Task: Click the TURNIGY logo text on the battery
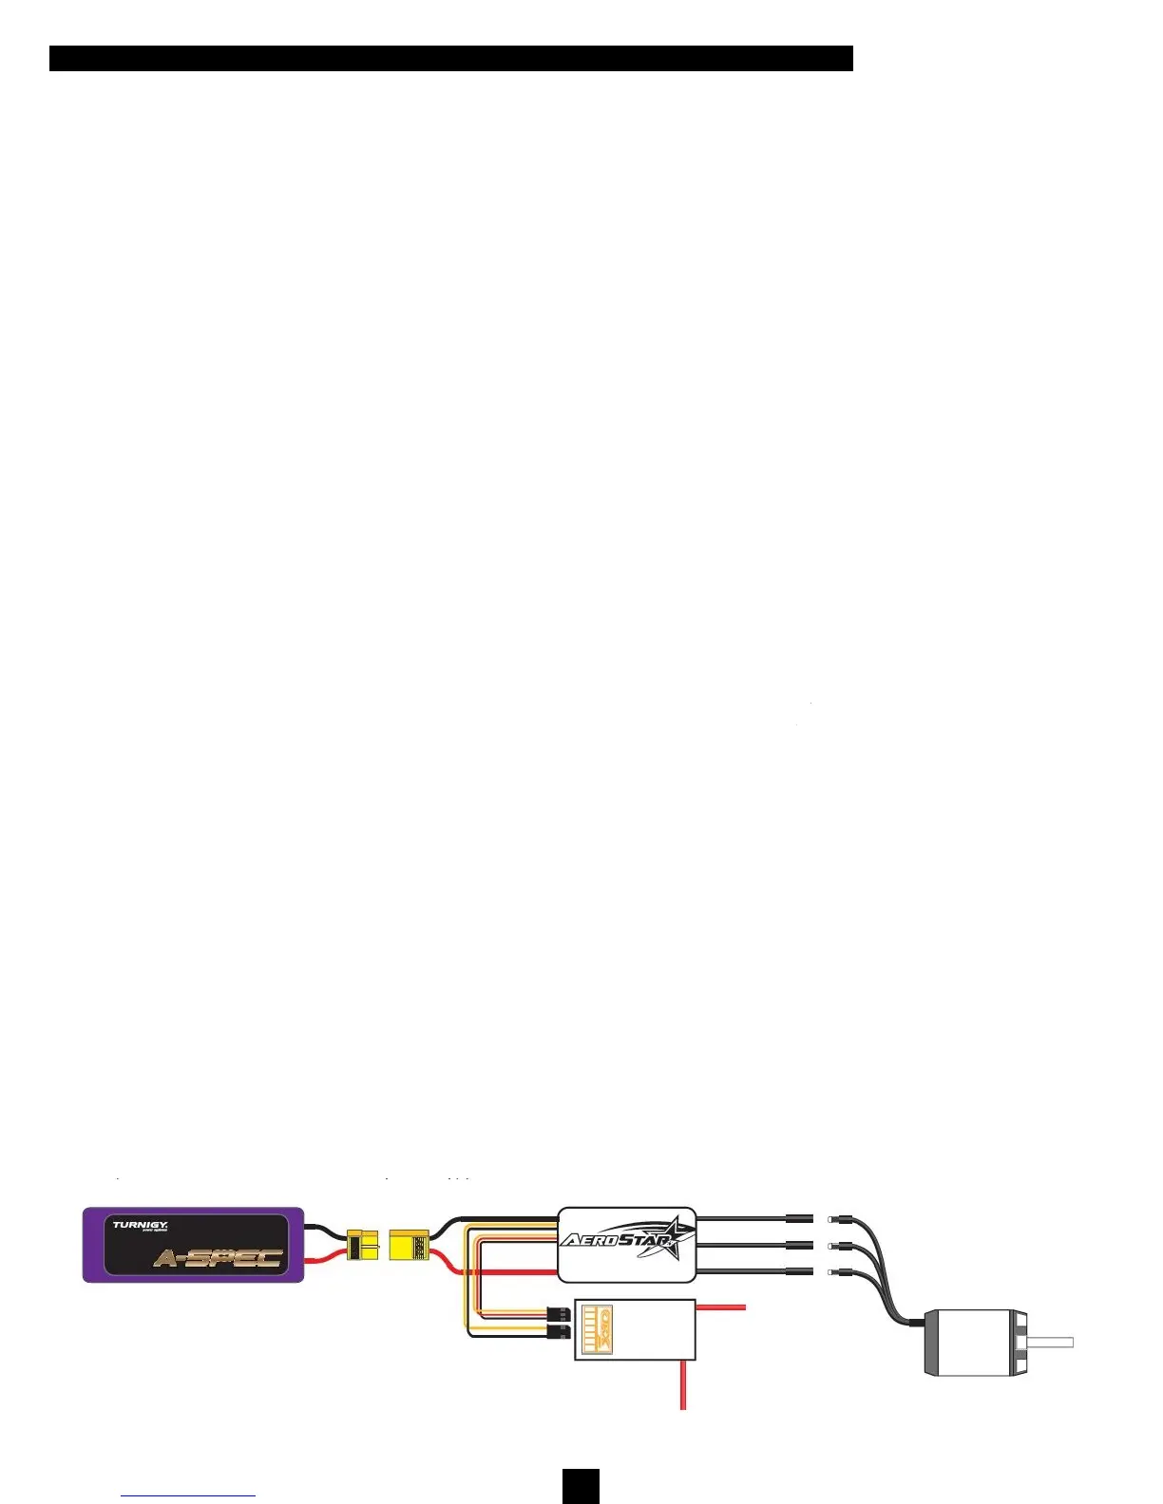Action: (140, 1225)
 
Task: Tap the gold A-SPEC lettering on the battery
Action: (219, 1259)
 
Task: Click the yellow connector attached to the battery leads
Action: (362, 1244)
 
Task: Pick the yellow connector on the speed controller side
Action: (409, 1245)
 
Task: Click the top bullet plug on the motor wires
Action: (835, 1219)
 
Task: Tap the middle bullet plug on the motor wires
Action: (835, 1245)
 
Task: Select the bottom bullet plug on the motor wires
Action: (835, 1270)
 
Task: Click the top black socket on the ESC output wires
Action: (799, 1217)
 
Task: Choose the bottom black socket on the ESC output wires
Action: (799, 1270)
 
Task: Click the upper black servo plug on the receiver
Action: (561, 1314)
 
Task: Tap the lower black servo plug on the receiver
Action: (561, 1332)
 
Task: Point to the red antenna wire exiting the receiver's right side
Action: (721, 1307)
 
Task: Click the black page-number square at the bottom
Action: (581, 1486)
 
